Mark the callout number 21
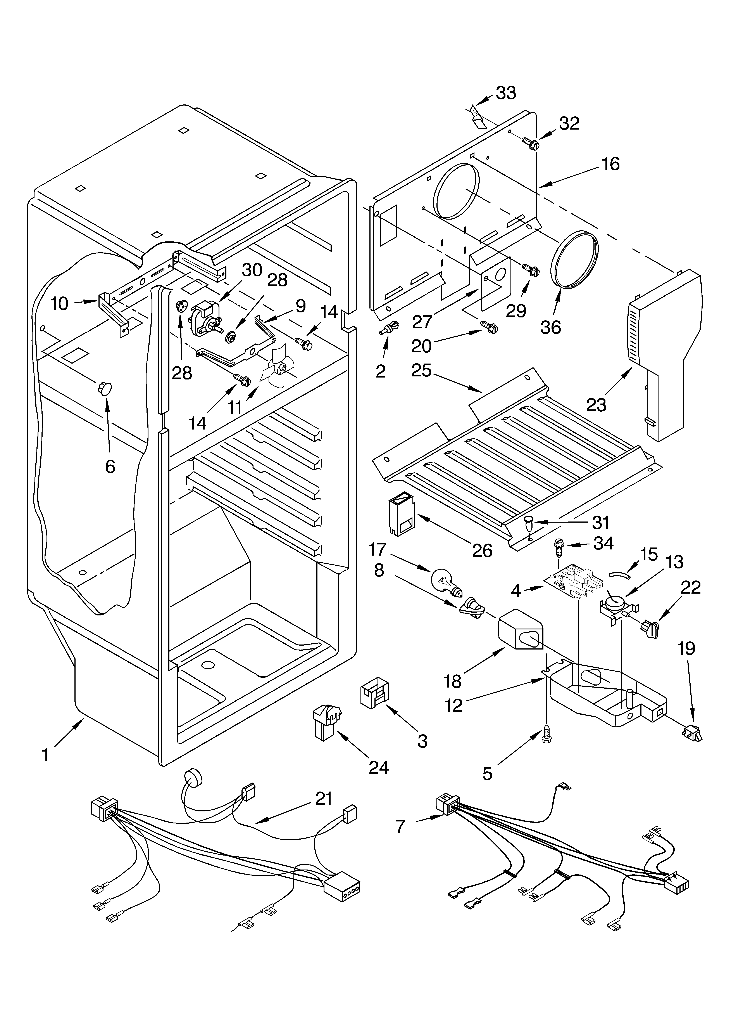tap(324, 799)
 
